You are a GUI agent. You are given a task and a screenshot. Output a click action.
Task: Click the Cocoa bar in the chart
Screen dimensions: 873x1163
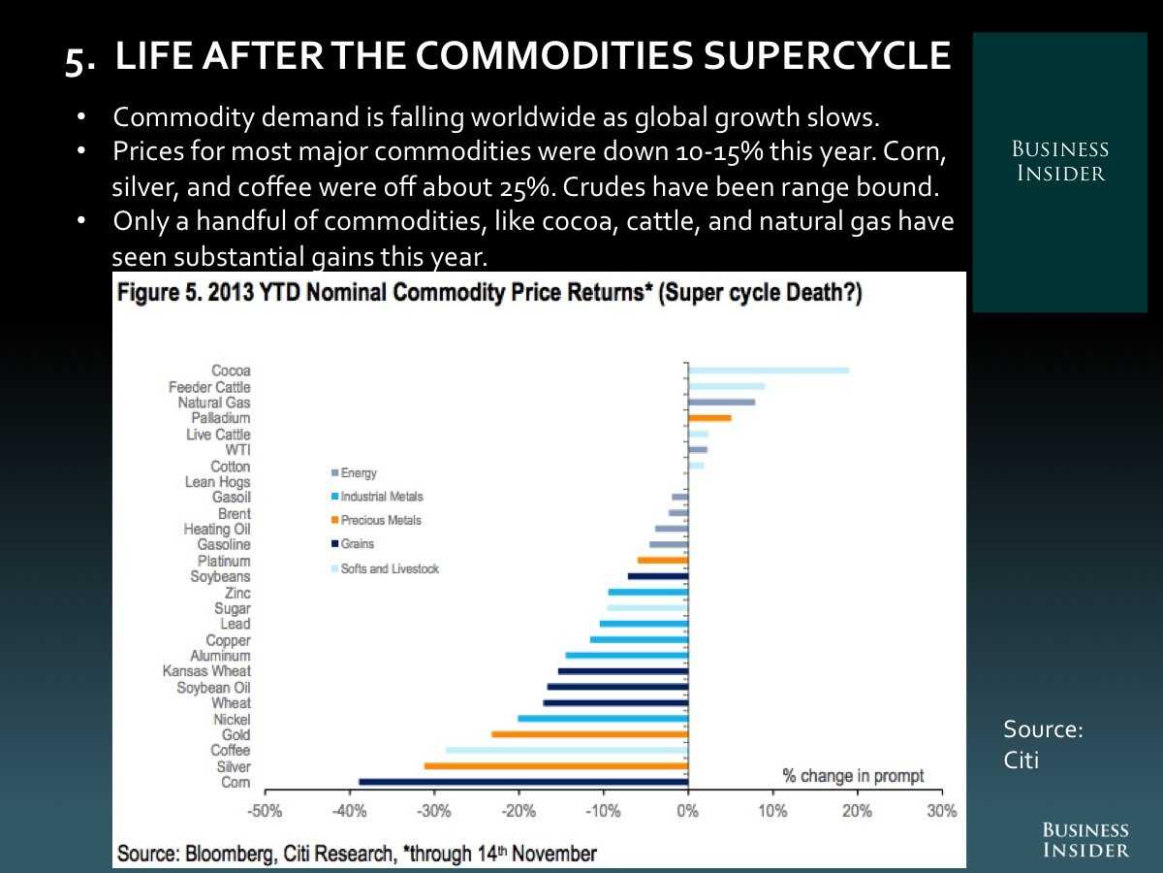coord(769,371)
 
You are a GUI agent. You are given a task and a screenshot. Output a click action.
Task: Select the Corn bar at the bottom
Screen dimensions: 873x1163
coord(523,782)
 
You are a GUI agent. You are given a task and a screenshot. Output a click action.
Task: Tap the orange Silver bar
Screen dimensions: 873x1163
coord(556,766)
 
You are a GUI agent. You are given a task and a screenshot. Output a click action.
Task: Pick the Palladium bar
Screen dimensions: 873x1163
coord(709,418)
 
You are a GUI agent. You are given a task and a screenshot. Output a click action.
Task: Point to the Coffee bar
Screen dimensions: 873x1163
coord(567,750)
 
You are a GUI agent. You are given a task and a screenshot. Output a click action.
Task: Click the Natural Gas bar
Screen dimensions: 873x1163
coord(721,402)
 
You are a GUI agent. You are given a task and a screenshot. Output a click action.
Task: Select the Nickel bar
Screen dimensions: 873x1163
coord(603,719)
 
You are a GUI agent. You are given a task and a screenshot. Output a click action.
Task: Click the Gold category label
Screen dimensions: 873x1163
coord(236,735)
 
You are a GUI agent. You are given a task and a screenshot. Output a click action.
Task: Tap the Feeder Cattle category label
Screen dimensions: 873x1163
coord(209,387)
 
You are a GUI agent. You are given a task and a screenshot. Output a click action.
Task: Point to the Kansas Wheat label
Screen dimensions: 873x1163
coord(206,671)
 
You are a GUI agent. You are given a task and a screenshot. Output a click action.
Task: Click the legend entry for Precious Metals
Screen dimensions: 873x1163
coord(380,521)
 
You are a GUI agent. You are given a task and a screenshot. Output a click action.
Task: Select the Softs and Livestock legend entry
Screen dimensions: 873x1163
coord(389,568)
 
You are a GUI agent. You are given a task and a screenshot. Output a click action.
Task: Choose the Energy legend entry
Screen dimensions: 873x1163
coord(358,473)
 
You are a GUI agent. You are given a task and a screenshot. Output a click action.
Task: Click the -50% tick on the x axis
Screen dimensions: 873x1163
coord(265,812)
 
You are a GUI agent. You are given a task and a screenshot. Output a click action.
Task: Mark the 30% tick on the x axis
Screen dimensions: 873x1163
coord(941,812)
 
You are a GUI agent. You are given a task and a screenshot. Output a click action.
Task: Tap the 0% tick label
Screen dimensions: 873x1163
coord(687,812)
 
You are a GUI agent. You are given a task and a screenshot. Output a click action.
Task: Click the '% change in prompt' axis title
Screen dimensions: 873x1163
coord(853,776)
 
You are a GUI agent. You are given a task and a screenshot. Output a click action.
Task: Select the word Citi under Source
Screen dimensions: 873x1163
coord(1022,760)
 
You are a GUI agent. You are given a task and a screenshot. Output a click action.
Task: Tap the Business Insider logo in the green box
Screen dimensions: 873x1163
coord(1059,162)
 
